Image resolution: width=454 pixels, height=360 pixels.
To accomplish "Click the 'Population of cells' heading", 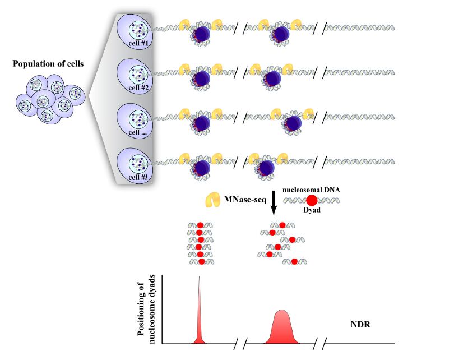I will pos(48,64).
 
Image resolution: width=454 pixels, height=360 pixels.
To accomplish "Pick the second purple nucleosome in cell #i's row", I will pos(266,167).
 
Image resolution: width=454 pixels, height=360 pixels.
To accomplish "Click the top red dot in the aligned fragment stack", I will pos(200,225).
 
